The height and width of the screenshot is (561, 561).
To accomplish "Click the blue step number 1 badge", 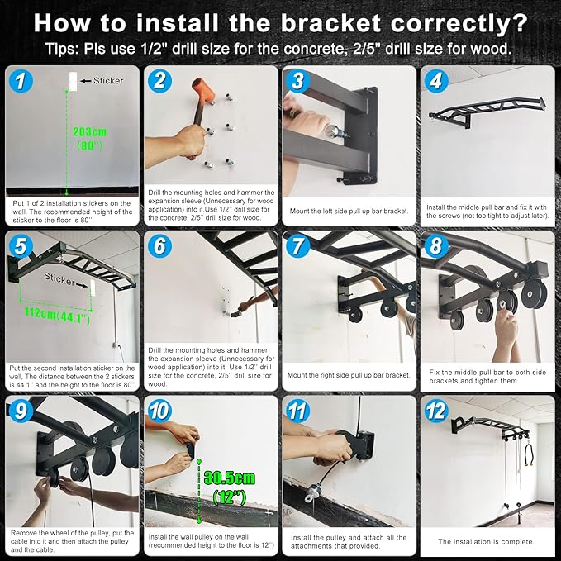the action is pyautogui.click(x=21, y=81).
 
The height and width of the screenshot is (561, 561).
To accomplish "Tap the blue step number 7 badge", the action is pyautogui.click(x=297, y=246).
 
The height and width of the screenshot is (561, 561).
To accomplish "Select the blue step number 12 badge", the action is pyautogui.click(x=436, y=411).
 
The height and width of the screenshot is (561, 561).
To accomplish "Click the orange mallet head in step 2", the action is pyautogui.click(x=204, y=89).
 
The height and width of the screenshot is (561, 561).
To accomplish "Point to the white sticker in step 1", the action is pyautogui.click(x=73, y=81).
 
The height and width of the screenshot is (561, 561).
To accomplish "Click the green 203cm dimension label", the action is pyautogui.click(x=90, y=131).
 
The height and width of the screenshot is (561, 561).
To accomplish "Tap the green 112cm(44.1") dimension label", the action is pyautogui.click(x=58, y=316).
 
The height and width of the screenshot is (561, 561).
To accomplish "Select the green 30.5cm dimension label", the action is pyautogui.click(x=230, y=478).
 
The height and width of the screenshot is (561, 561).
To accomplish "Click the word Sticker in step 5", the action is pyautogui.click(x=59, y=278).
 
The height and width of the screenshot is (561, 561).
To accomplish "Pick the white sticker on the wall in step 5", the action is pyautogui.click(x=93, y=288).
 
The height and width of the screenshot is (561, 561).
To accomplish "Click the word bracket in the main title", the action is pyautogui.click(x=330, y=24).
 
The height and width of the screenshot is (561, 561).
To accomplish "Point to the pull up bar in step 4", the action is pyautogui.click(x=487, y=111).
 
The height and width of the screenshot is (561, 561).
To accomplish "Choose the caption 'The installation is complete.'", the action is pyautogui.click(x=486, y=542).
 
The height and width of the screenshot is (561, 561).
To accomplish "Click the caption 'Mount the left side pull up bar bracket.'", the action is pyautogui.click(x=349, y=211).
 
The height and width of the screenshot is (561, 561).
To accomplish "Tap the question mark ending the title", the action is pyautogui.click(x=521, y=24).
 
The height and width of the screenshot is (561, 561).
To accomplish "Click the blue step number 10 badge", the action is pyautogui.click(x=159, y=411).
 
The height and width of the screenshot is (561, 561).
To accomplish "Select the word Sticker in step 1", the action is pyautogui.click(x=108, y=81).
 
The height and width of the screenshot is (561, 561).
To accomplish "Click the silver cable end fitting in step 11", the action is pyautogui.click(x=312, y=491).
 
